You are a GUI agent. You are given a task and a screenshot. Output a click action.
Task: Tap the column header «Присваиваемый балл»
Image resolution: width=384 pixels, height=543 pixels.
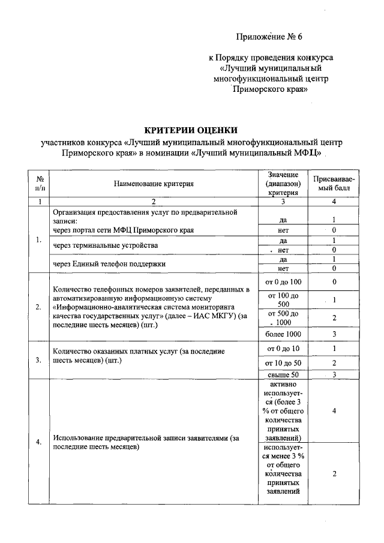tap(334, 184)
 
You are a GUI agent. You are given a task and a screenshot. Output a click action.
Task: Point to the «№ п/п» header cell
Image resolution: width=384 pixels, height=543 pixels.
tap(39, 184)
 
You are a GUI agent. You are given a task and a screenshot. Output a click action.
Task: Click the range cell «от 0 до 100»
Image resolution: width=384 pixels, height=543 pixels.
tap(283, 281)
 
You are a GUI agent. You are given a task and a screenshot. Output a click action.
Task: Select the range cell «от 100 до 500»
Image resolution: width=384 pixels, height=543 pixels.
tap(283, 299)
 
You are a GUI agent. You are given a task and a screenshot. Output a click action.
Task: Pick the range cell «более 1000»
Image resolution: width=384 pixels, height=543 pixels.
tap(283, 334)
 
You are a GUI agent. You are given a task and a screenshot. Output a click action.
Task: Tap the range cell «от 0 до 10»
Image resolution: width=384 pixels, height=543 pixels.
tap(283, 349)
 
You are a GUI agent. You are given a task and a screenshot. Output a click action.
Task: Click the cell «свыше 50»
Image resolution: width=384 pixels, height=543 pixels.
tap(283, 375)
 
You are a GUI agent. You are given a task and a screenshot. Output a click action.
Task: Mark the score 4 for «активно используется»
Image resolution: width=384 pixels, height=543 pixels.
tap(334, 411)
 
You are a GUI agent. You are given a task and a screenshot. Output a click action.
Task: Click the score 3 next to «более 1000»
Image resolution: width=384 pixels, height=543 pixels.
tap(334, 334)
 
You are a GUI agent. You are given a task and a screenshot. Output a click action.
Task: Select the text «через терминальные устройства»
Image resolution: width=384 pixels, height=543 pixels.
tap(106, 245)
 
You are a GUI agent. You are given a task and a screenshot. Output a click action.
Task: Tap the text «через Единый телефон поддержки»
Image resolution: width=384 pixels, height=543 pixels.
tap(109, 263)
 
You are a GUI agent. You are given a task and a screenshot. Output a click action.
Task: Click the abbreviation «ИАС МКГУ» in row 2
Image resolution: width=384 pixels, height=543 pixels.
tap(203, 316)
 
